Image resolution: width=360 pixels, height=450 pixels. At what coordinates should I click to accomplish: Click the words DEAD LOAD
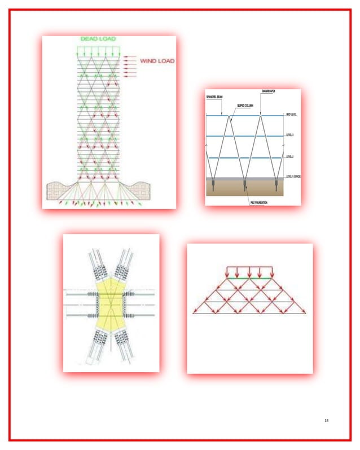click(98, 39)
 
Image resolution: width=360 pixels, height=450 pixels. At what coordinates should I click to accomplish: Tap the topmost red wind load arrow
click(129, 56)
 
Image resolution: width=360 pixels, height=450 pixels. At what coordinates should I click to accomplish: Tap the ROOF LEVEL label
click(291, 115)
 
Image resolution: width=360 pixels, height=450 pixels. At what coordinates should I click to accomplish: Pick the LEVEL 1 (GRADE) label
click(292, 177)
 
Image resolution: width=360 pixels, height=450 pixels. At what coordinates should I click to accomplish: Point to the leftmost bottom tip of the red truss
click(194, 312)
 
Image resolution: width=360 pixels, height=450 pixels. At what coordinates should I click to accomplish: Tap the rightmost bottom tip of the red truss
click(305, 312)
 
